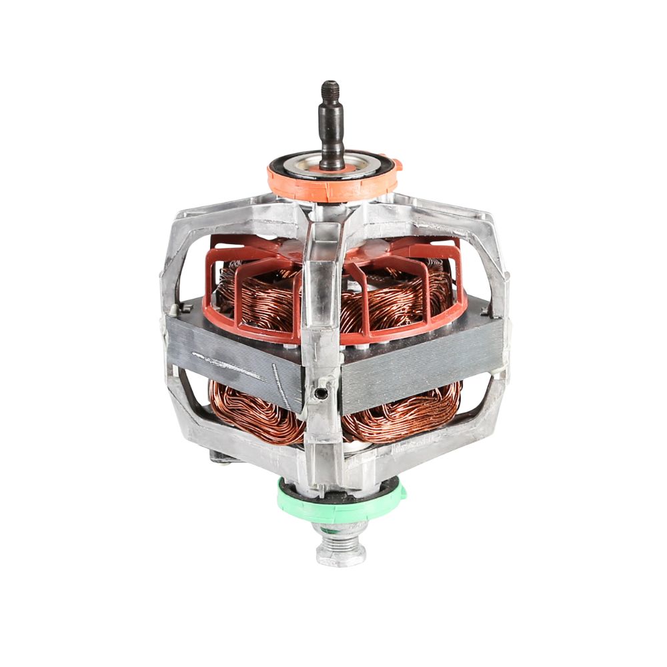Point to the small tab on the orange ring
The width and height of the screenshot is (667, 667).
click(396, 164)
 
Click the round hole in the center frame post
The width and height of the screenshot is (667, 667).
click(321, 394)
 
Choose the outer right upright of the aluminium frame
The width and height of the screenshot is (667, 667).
click(502, 320)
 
